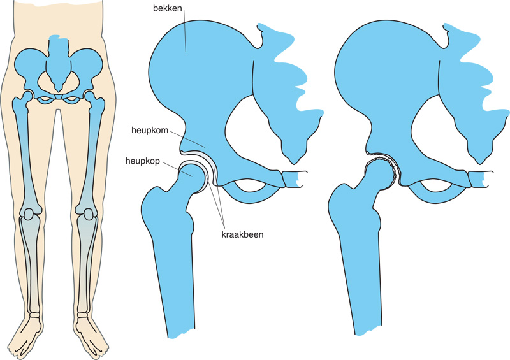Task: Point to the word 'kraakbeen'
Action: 242,234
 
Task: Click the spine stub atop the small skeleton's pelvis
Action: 60,48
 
